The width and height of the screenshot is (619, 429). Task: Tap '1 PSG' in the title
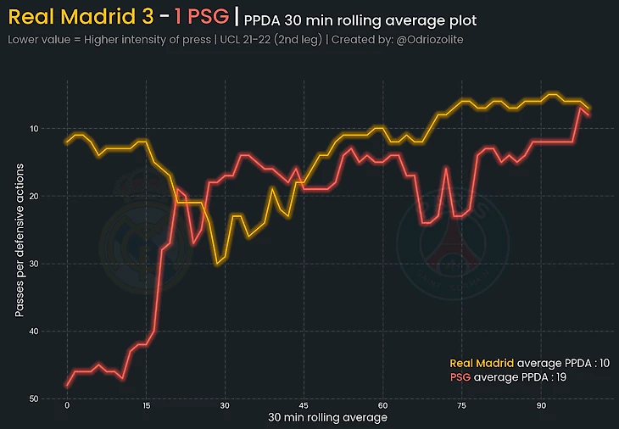201,16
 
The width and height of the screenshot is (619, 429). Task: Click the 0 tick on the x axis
67,406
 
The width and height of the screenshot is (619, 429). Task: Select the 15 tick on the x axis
146,406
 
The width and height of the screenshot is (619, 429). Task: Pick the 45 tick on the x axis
304,406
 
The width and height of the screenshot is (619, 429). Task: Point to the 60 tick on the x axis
383,406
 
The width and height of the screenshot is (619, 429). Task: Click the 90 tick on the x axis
541,406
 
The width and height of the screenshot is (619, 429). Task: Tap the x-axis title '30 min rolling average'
327,418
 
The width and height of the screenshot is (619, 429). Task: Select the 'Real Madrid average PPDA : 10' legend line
529,363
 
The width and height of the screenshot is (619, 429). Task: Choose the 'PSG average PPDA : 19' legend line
508,376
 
